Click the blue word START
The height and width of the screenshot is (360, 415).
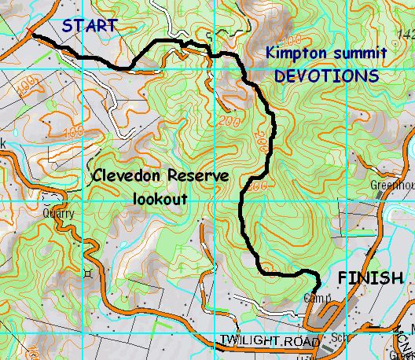90,26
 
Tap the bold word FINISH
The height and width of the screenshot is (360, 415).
371,277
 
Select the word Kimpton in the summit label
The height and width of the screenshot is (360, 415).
292,54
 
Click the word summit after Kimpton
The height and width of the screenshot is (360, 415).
354,54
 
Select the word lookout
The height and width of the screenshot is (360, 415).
159,199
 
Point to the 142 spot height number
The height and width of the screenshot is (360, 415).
406,34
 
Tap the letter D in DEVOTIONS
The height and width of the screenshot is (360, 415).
278,76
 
